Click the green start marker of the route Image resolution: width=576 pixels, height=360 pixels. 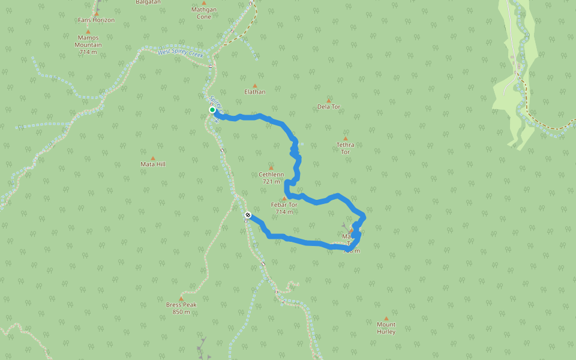tap(212, 110)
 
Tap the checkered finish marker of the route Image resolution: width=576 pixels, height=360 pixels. tap(248, 215)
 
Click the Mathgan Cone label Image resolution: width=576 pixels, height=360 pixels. tap(204, 13)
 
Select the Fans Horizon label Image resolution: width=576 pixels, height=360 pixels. tap(96, 20)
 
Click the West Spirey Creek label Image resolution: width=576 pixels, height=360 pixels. tap(181, 53)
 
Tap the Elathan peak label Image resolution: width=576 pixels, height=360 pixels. tap(254, 92)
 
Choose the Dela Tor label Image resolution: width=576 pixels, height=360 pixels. tap(329, 107)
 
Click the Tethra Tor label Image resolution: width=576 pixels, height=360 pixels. tap(346, 148)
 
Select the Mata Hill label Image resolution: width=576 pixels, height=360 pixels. tap(152, 164)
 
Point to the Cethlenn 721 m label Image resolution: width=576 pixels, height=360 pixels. tap(271, 178)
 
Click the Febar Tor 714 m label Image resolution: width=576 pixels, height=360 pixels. tap(284, 208)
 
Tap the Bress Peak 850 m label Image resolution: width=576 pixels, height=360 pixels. tap(181, 308)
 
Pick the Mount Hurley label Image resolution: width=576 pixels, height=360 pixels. tap(386, 328)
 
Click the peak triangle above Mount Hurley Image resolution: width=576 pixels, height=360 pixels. tap(386, 319)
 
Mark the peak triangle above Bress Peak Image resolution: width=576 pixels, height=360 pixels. tap(181, 298)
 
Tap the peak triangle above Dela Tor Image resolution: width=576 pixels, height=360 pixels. tap(329, 100)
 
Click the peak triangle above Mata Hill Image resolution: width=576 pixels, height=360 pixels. tap(152, 158)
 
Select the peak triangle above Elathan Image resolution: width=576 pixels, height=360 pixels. tap(254, 86)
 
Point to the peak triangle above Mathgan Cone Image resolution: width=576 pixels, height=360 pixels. tap(204, 2)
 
